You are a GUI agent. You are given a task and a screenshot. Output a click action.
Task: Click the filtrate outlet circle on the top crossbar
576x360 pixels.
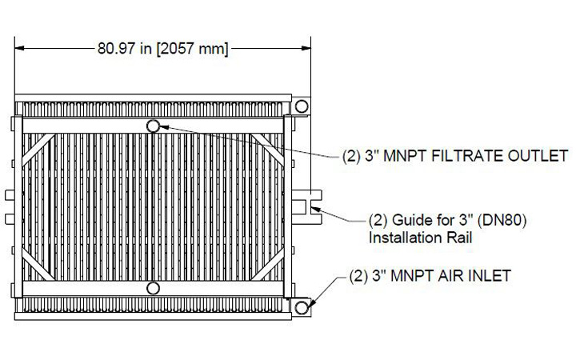[154, 126]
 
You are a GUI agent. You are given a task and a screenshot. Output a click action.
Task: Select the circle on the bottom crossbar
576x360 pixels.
[154, 287]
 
